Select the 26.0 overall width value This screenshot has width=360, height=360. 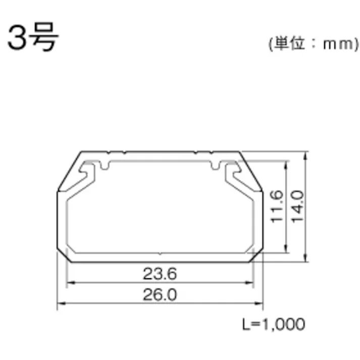click(160, 295)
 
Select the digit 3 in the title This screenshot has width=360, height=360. click(18, 39)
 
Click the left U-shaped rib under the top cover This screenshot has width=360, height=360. click(106, 166)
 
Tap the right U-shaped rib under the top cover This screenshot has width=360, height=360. click(215, 166)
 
